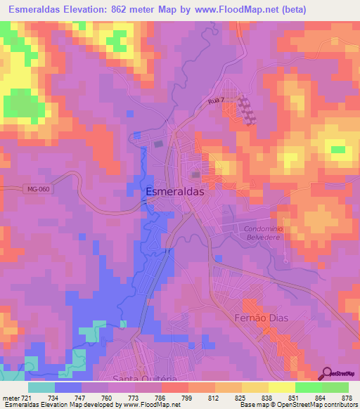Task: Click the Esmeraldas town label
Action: pyautogui.click(x=174, y=190)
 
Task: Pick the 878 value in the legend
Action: pyautogui.click(x=346, y=398)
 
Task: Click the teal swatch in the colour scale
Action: pyautogui.click(x=41, y=387)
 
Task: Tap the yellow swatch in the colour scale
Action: pyautogui.click(x=281, y=387)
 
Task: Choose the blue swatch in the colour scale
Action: pyautogui.click(x=69, y=387)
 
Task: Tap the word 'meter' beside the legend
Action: pyautogui.click(x=9, y=398)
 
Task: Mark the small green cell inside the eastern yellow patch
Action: pyautogui.click(x=338, y=149)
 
